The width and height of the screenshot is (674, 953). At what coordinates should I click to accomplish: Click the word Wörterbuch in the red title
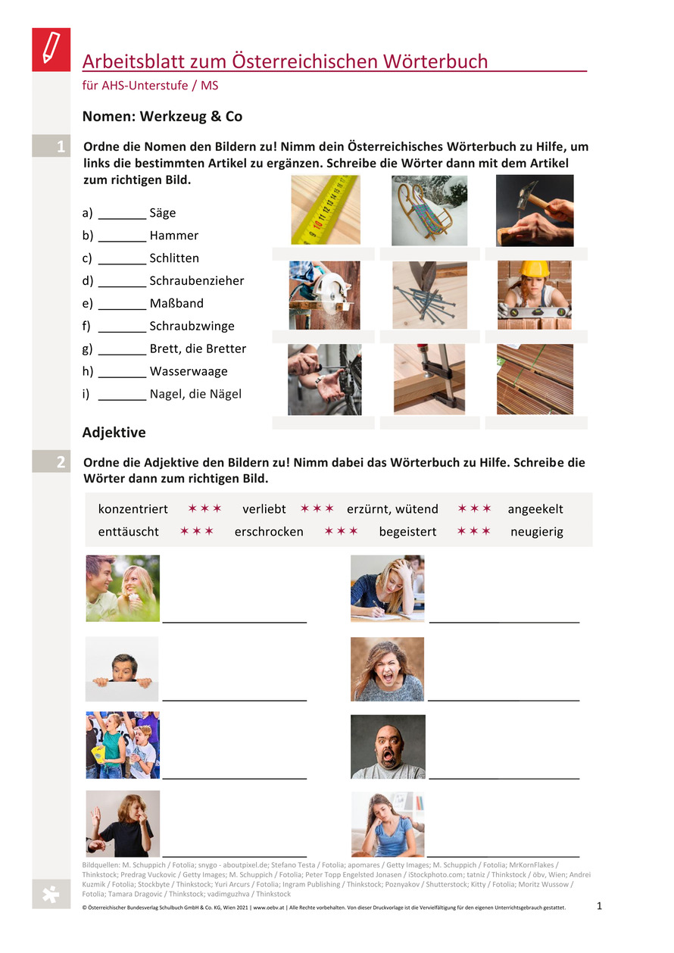[x=435, y=61]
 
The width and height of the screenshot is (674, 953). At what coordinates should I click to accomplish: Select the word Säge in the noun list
[x=162, y=213]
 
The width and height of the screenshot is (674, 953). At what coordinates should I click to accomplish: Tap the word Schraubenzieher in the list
[x=196, y=280]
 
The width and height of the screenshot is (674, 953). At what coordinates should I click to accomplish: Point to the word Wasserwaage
[x=189, y=371]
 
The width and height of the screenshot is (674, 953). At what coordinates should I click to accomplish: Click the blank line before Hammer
[x=122, y=241]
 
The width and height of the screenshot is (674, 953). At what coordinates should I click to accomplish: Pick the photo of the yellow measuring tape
[x=326, y=210]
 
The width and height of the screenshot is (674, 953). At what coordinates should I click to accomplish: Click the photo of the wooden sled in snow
[x=429, y=211]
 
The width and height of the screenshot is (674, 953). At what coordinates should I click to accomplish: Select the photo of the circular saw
[x=324, y=295]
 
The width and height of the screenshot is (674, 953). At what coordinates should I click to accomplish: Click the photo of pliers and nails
[x=429, y=295]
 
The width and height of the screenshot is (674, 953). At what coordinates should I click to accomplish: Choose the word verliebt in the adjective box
[x=264, y=509]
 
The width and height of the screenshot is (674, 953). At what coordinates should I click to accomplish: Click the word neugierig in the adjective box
[x=537, y=532]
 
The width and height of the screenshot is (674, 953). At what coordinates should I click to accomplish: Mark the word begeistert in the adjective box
[x=407, y=532]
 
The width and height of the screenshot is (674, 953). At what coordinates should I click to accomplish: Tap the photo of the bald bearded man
[x=388, y=747]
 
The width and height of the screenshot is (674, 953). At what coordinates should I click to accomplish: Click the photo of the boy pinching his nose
[x=123, y=823]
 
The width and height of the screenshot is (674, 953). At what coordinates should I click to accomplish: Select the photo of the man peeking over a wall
[x=122, y=669]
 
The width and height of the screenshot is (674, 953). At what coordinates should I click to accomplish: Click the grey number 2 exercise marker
[x=51, y=461]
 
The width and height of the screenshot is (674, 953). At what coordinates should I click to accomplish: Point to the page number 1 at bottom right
[x=599, y=906]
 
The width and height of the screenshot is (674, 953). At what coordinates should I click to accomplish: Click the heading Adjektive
[x=114, y=433]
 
